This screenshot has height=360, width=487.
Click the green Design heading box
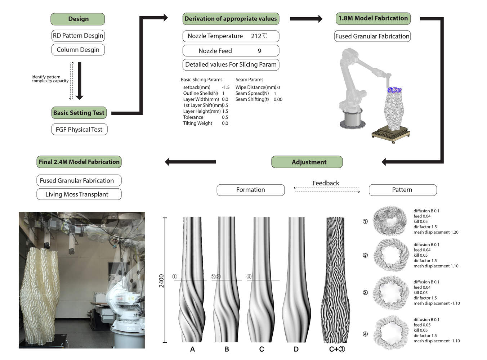click(78, 19)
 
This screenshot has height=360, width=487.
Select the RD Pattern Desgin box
click(78, 36)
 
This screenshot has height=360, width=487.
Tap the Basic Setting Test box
click(79, 113)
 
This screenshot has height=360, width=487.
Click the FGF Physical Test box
click(79, 130)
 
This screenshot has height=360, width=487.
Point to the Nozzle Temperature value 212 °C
click(259, 36)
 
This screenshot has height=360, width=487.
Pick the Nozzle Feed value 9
click(259, 51)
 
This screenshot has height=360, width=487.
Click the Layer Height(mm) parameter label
click(202, 111)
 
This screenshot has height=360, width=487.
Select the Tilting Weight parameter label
click(197, 123)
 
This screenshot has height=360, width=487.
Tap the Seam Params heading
click(249, 80)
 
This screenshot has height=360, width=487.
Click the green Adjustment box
click(307, 162)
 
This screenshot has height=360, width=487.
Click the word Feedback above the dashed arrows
click(326, 183)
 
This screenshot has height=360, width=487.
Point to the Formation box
click(250, 190)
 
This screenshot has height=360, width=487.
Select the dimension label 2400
click(161, 280)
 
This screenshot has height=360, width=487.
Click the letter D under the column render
click(296, 349)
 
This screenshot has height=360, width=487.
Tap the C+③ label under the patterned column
click(337, 349)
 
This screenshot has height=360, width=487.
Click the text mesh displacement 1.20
click(436, 232)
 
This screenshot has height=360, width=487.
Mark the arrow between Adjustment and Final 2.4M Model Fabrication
click(191, 162)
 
